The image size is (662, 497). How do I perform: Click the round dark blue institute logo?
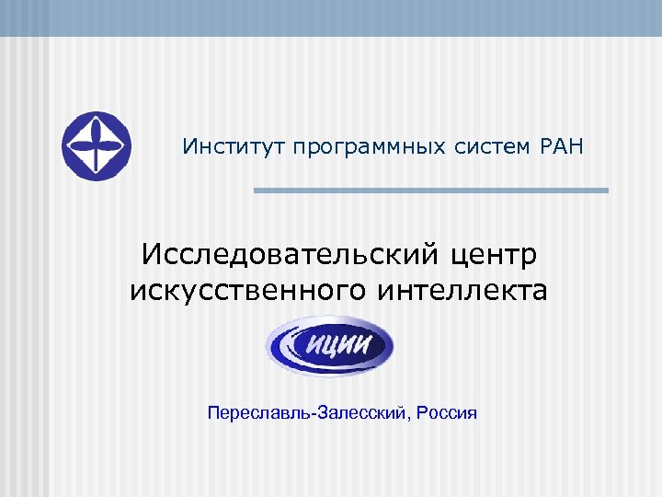97,146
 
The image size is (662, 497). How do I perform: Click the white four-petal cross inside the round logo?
97,146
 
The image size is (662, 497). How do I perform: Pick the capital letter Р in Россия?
421,412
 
